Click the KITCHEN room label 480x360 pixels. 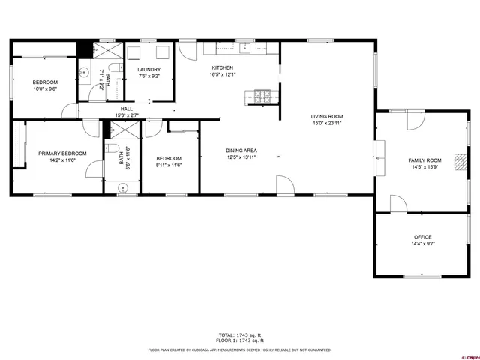pyautogui.click(x=222, y=67)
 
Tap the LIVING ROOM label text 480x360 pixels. pyautogui.click(x=327, y=116)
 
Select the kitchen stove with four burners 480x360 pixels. pyautogui.click(x=261, y=96)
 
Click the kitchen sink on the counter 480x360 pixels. pyautogui.click(x=244, y=48)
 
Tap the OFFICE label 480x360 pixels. pyautogui.click(x=422, y=237)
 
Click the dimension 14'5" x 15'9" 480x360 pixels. pyautogui.click(x=424, y=167)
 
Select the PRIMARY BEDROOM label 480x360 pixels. pyautogui.click(x=62, y=154)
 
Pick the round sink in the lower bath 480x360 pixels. pyautogui.click(x=121, y=187)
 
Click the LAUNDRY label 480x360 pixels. pyautogui.click(x=148, y=69)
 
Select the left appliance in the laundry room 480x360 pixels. pyautogui.click(x=136, y=52)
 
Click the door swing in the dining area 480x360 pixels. pyautogui.click(x=285, y=185)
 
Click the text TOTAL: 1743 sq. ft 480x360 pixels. pyautogui.click(x=239, y=334)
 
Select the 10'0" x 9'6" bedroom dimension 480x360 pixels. pyautogui.click(x=45, y=88)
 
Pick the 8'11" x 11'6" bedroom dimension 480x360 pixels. pyautogui.click(x=169, y=165)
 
